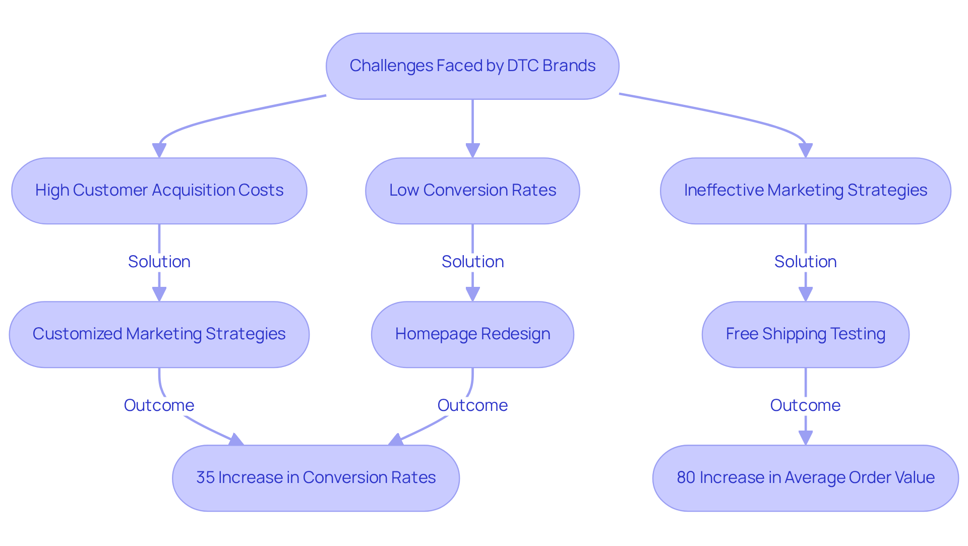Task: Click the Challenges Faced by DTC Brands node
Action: coord(472,66)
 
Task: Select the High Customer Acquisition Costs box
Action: coord(159,191)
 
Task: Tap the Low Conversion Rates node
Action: coord(472,191)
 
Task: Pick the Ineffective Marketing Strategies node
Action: coord(805,191)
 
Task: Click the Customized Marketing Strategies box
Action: coord(159,334)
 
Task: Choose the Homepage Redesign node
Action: coord(472,334)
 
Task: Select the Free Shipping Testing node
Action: coord(805,334)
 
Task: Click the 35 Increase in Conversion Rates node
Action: coord(316,477)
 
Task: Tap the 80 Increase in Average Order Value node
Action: coord(805,477)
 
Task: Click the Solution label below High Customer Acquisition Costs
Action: coord(159,262)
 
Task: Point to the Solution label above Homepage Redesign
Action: coord(472,262)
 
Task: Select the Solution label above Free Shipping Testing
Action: coord(805,262)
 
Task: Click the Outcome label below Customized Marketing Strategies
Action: coord(159,405)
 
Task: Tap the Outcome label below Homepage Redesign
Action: coord(472,405)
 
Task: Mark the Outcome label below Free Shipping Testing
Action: coord(805,405)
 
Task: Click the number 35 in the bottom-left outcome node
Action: coord(205,477)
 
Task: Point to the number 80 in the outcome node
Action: coord(686,477)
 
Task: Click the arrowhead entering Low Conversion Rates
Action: coord(472,151)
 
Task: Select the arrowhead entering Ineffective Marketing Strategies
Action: coord(806,151)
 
